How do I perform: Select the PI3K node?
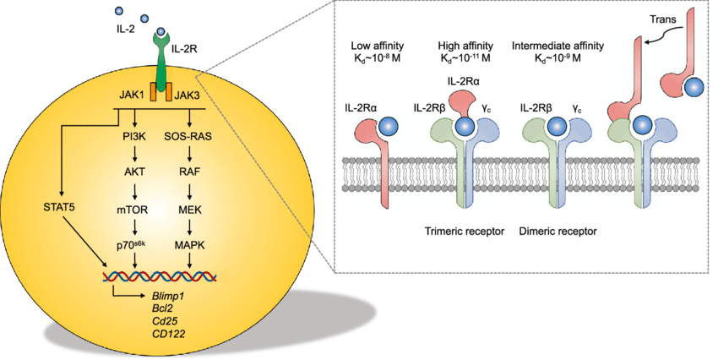[136, 135]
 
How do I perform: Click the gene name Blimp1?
[165, 296]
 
